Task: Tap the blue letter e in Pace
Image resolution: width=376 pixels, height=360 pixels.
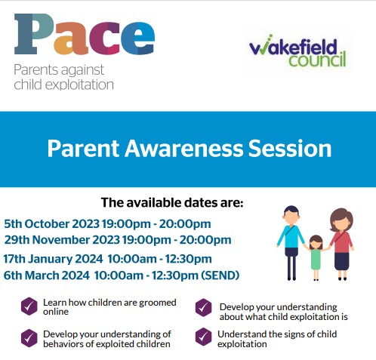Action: pos(137,38)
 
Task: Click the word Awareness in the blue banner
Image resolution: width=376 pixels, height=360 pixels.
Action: pos(184,148)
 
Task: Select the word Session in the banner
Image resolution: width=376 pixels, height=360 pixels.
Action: pos(290,148)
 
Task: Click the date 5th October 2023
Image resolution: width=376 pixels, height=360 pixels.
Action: pos(51,224)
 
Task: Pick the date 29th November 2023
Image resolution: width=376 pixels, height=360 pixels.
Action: pos(62,240)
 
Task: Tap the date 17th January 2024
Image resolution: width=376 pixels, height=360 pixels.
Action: pos(53,259)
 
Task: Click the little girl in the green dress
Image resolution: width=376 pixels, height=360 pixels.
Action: pos(316,257)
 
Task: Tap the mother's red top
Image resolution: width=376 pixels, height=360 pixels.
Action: pos(342,242)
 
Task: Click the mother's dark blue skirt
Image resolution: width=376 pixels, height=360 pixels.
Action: pos(342,261)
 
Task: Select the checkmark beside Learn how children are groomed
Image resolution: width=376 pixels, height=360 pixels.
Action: pos(29,306)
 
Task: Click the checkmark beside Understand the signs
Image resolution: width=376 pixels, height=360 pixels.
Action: pos(203,337)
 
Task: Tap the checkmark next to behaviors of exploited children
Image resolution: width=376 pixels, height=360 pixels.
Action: pos(29,338)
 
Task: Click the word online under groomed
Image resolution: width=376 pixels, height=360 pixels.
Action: pos(56,312)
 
